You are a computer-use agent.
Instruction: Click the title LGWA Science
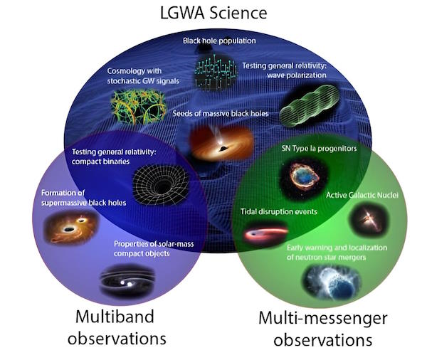point(213,13)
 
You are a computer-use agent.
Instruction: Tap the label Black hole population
point(219,41)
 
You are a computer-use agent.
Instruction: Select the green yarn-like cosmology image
point(138,106)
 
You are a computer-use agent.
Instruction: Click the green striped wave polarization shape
point(310,106)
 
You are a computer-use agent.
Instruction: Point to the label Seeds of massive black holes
point(221,113)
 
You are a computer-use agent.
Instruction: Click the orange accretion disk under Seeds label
point(221,143)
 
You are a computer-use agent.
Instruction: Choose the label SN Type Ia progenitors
point(319,149)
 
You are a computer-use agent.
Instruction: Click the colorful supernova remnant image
point(304,177)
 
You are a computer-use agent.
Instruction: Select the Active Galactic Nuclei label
point(362,195)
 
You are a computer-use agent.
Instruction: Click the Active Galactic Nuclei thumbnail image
point(369,219)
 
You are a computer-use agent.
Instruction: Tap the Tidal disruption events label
point(279,211)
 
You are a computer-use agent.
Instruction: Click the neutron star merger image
point(332,282)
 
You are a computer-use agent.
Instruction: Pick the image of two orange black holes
point(71,226)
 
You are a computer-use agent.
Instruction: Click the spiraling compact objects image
point(127,281)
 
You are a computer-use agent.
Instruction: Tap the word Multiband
point(115,317)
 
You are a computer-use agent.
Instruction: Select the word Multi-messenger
point(322,318)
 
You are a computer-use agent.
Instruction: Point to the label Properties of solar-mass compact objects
point(154,248)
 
